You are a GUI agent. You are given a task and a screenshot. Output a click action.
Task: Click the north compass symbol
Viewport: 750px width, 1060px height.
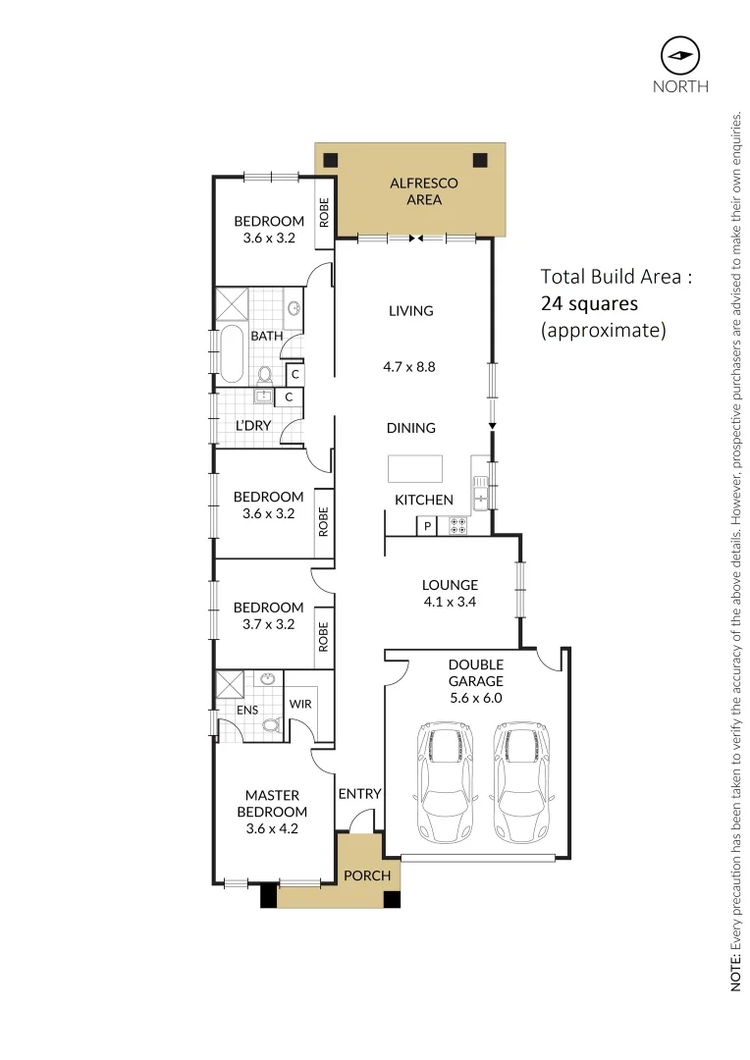point(680,55)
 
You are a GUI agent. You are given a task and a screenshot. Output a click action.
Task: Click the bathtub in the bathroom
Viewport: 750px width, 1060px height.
point(233,355)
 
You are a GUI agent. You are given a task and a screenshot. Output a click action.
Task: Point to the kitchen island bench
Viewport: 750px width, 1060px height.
point(414,469)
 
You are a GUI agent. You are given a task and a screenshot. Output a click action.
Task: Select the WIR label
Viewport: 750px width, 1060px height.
point(299,704)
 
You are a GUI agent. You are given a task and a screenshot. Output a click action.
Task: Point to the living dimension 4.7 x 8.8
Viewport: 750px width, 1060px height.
point(409,368)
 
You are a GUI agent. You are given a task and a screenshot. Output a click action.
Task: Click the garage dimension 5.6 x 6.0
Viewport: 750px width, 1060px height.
point(475,698)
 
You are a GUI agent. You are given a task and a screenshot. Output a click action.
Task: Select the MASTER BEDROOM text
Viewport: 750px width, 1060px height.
point(272,803)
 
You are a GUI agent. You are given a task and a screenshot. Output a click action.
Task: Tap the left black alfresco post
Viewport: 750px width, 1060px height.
point(331,160)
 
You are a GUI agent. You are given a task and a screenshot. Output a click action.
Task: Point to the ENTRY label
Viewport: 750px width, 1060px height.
point(359,794)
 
